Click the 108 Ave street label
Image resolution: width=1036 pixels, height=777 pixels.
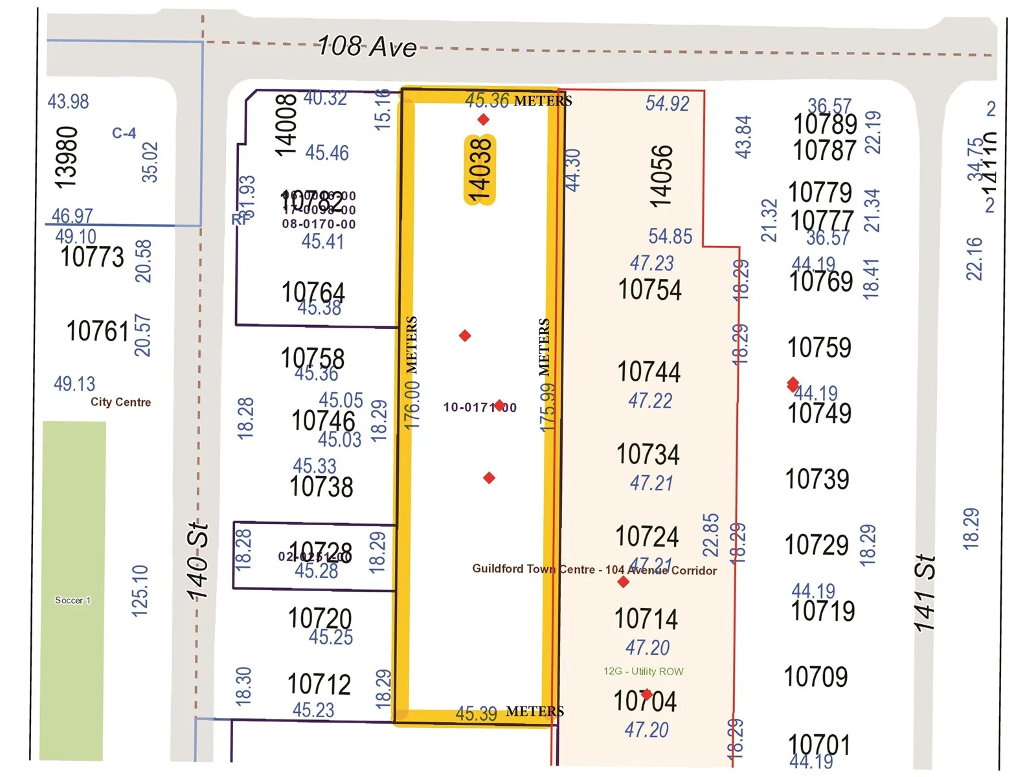367,47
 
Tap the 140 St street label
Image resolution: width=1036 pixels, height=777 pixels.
197,561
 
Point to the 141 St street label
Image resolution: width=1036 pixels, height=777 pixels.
925,592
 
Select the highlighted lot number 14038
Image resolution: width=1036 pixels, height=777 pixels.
480,170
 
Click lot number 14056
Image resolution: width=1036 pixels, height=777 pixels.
661,176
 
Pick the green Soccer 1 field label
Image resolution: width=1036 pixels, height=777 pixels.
73,600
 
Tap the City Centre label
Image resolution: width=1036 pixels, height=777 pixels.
120,402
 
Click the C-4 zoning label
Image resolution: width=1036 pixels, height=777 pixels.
124,133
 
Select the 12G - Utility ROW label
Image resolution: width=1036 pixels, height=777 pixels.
643,671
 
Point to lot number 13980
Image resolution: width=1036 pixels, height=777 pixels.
67,157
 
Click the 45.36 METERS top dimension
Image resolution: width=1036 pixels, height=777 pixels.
518,100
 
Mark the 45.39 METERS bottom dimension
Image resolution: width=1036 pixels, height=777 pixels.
510,713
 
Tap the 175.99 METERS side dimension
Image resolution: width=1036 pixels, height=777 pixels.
547,375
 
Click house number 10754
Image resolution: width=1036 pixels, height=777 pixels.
649,289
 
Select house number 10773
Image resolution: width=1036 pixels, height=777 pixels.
92,257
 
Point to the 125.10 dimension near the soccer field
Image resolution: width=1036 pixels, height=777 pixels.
140,591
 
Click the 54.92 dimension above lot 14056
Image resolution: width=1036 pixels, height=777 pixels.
667,104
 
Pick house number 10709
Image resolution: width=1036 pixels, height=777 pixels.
816,677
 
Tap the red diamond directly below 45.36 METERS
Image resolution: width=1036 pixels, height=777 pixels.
483,119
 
